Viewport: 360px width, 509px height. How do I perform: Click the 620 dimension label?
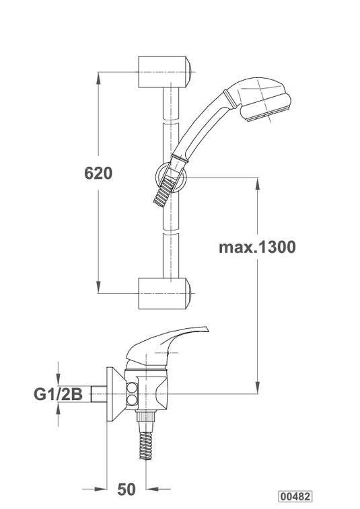pyautogui.click(x=98, y=173)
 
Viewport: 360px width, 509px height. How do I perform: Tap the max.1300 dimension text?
pyautogui.click(x=257, y=247)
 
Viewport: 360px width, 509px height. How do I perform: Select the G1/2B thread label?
pyautogui.click(x=58, y=394)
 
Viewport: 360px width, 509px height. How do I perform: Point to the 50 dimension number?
pyautogui.click(x=126, y=490)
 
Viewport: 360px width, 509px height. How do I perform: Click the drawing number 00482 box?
pyautogui.click(x=295, y=496)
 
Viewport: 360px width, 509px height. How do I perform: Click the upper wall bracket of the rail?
pyautogui.click(x=164, y=72)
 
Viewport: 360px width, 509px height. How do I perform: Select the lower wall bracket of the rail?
pyautogui.click(x=164, y=293)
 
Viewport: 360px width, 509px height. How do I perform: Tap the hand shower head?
pyautogui.click(x=263, y=99)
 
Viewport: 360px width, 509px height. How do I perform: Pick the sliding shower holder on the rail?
pyautogui.click(x=171, y=178)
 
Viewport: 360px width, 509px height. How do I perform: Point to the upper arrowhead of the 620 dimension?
pyautogui.click(x=98, y=77)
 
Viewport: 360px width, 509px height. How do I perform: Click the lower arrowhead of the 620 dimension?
pyautogui.click(x=98, y=288)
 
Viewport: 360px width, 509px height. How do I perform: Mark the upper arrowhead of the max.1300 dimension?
pyautogui.click(x=257, y=183)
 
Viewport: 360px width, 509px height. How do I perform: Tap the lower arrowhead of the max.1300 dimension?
pyautogui.click(x=257, y=388)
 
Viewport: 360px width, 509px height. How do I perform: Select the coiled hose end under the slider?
pyautogui.click(x=164, y=192)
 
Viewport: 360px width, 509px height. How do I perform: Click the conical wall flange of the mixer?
pyautogui.click(x=116, y=394)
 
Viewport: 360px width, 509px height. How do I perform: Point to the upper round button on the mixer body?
pyautogui.click(x=132, y=388)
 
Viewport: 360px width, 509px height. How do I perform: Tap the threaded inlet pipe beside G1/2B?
pyautogui.click(x=99, y=394)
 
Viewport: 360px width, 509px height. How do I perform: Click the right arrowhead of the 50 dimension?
pyautogui.click(x=151, y=489)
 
